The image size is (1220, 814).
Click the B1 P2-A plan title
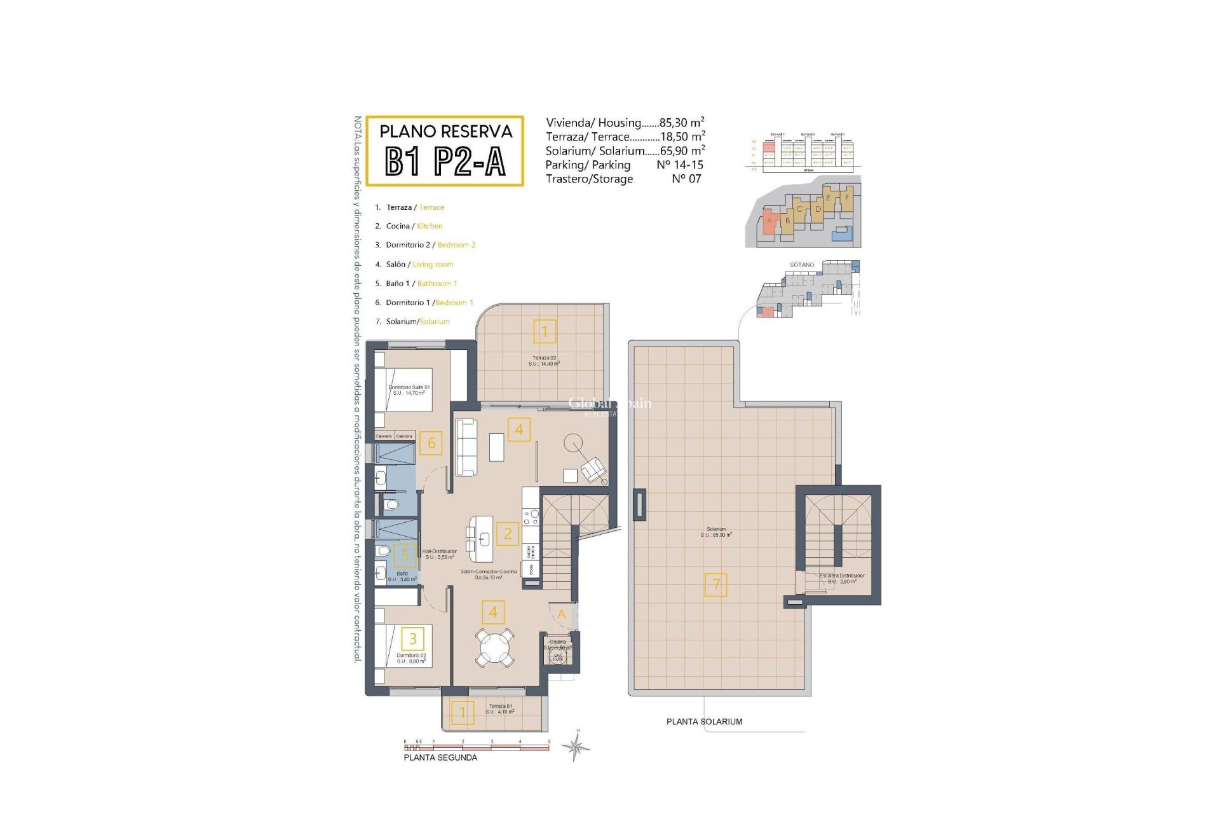coord(445,161)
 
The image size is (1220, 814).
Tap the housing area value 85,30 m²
coord(682,123)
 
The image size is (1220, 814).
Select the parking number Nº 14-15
coord(679,165)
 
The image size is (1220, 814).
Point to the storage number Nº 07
coord(686,179)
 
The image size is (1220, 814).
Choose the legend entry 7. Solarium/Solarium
coord(412,322)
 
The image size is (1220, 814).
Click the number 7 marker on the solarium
coord(716,584)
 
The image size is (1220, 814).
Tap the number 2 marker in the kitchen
coord(508,534)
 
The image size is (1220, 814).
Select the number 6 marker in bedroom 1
coord(431,443)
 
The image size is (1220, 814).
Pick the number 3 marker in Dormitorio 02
coord(413,638)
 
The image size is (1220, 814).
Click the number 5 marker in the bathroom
coord(405,556)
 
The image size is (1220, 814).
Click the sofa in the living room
coord(467,447)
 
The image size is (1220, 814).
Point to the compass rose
coord(576,747)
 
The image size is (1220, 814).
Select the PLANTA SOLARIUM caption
coord(704,722)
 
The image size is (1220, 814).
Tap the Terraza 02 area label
coord(544,361)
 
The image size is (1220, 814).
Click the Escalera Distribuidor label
coord(841,578)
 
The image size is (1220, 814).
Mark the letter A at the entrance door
coord(561,614)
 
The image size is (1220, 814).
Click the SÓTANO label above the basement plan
coord(802,265)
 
